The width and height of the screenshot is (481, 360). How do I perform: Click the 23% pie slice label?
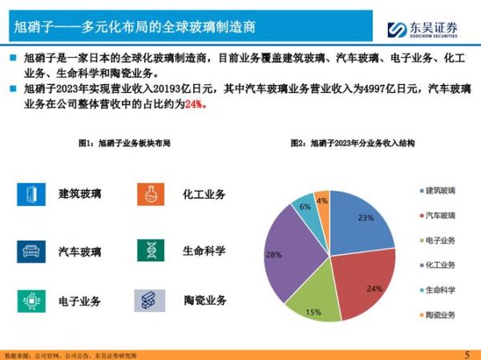[366, 218]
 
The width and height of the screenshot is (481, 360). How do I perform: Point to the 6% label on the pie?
[305, 207]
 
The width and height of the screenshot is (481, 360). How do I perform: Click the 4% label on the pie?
[322, 200]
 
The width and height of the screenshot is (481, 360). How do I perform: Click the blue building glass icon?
[31, 194]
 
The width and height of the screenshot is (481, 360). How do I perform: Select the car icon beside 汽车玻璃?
[31, 251]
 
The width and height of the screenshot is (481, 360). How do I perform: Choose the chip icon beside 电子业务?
[31, 301]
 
